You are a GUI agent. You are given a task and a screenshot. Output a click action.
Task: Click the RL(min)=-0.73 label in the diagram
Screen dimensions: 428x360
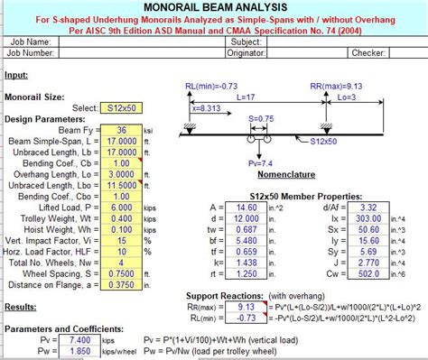click(x=207, y=88)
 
